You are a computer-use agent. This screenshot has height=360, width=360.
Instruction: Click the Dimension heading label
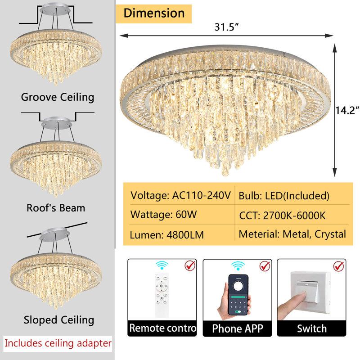point(154,13)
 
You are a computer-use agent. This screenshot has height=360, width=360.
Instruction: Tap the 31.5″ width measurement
point(227,27)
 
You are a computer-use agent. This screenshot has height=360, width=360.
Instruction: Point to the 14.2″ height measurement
point(347,110)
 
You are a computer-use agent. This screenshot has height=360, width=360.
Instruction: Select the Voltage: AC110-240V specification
point(180,196)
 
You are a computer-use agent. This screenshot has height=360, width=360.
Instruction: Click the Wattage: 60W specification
point(163,215)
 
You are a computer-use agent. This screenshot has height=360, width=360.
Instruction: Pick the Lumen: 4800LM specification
point(166,235)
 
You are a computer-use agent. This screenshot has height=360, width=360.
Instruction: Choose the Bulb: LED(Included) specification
point(284,196)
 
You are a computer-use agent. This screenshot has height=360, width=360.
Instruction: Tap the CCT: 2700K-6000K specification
point(282,216)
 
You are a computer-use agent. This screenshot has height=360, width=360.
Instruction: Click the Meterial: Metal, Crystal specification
point(292,234)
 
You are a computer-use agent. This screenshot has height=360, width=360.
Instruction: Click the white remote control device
point(162,295)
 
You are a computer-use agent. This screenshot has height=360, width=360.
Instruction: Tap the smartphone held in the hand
point(238,295)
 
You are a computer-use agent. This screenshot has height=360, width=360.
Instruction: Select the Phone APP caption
point(238,328)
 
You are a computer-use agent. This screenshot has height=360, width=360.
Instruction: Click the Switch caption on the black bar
point(311,328)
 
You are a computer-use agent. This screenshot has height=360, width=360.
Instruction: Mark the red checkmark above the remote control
point(190,265)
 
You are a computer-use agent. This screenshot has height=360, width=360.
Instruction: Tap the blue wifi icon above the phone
point(238,265)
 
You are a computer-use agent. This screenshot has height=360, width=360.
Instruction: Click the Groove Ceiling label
point(58,97)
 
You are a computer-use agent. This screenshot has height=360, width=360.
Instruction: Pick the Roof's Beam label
point(56,208)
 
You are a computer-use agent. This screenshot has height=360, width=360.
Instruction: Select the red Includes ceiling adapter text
point(58,343)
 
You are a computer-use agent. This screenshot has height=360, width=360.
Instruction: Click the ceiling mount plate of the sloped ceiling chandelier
point(54,234)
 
